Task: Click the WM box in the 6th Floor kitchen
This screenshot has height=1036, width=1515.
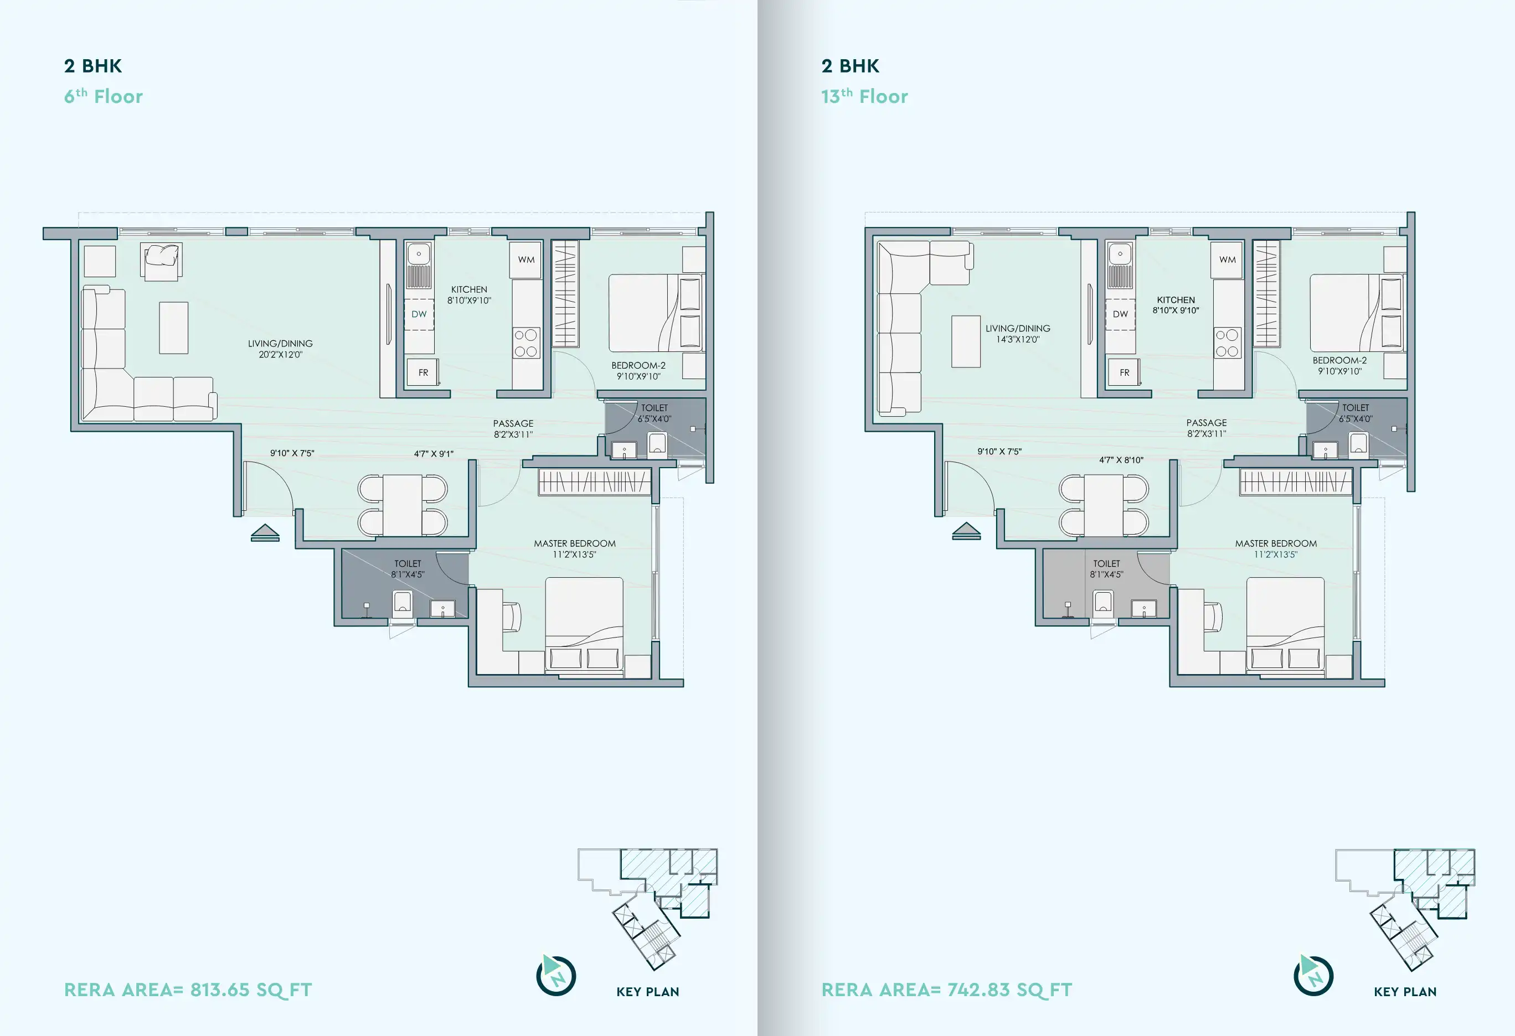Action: point(526,260)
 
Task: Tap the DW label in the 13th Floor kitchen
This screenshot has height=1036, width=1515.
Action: point(1120,314)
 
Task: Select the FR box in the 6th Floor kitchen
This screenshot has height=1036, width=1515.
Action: point(422,372)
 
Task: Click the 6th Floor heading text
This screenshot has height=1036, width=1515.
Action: point(103,96)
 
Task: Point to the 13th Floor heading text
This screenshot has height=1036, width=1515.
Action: point(864,96)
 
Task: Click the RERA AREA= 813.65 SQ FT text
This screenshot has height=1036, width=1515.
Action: point(188,990)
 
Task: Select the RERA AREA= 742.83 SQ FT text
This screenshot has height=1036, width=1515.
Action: point(946,990)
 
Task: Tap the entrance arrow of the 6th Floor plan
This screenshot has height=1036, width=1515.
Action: point(265,532)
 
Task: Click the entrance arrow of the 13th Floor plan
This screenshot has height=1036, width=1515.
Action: point(966,531)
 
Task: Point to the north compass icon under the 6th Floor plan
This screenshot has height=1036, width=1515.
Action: point(556,976)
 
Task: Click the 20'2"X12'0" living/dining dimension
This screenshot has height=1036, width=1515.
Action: point(280,354)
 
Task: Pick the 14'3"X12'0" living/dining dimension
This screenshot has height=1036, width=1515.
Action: point(1018,339)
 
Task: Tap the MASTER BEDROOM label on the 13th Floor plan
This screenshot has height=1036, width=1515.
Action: point(1276,543)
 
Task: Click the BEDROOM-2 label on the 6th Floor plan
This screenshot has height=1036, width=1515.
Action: point(638,365)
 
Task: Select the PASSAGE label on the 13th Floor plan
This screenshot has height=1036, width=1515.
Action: point(1206,423)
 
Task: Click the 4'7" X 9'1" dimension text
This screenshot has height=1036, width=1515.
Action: point(434,453)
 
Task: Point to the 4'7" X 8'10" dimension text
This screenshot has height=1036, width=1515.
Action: point(1121,460)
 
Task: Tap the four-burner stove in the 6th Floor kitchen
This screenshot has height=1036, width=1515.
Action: point(526,343)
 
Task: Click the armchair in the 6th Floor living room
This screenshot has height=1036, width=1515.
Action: point(162,261)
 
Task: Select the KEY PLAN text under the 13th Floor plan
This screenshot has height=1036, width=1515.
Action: point(1405,992)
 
